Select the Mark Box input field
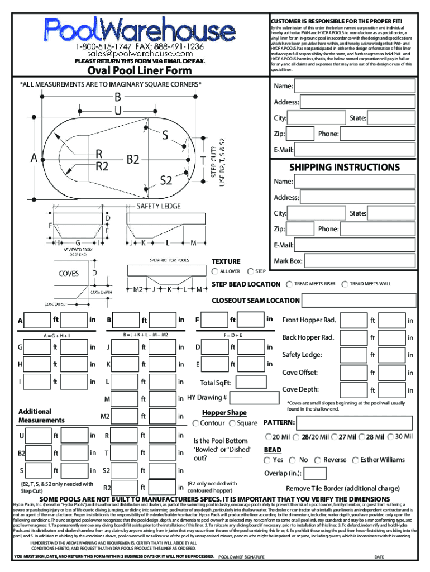(360, 260)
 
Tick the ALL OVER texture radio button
(216, 271)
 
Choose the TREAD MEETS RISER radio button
(290, 284)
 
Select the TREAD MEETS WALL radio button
(345, 284)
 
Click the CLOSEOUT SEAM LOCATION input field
(359, 301)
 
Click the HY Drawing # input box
(254, 398)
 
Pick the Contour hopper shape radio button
(195, 423)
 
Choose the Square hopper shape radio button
(232, 423)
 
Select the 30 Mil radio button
(390, 437)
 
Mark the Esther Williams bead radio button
(356, 460)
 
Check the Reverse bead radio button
(319, 460)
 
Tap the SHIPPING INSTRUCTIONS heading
(344, 167)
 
